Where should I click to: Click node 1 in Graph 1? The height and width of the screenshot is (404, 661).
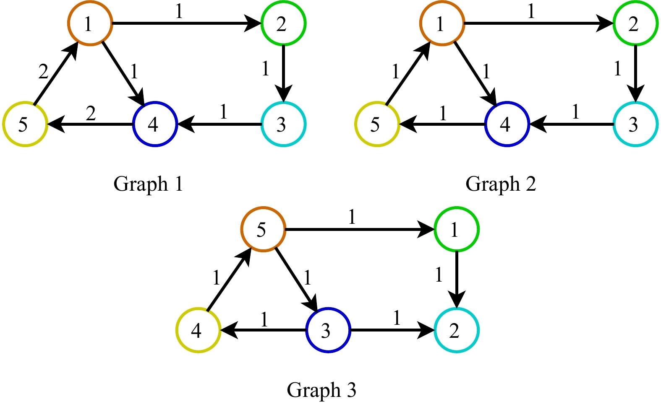(90, 23)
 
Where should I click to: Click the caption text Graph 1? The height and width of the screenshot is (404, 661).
(148, 184)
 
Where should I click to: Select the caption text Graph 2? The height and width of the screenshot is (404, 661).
(500, 184)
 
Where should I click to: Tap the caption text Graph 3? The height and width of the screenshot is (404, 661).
(321, 390)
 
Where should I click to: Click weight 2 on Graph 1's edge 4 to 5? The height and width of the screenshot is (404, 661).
(91, 113)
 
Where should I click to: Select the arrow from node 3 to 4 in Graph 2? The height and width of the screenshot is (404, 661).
(571, 124)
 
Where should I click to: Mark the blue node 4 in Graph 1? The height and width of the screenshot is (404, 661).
(155, 124)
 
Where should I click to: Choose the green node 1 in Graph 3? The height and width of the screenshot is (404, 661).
(456, 229)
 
